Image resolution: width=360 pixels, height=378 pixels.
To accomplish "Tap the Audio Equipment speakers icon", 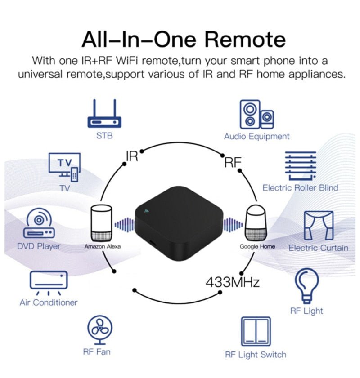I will pyautogui.click(x=256, y=114).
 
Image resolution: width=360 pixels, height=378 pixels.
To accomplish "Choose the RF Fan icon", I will pyautogui.click(x=99, y=329).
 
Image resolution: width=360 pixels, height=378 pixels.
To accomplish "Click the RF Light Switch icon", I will pyautogui.click(x=256, y=332).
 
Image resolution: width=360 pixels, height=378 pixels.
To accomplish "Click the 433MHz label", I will pyautogui.click(x=233, y=283).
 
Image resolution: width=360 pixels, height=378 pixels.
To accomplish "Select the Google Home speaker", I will pyautogui.click(x=257, y=223).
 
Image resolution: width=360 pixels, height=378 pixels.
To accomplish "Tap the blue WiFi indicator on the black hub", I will pyautogui.click(x=146, y=210).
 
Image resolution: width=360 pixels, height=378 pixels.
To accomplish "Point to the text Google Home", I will pyautogui.click(x=257, y=247).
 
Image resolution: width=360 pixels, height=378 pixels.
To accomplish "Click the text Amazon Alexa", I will pyautogui.click(x=103, y=247).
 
